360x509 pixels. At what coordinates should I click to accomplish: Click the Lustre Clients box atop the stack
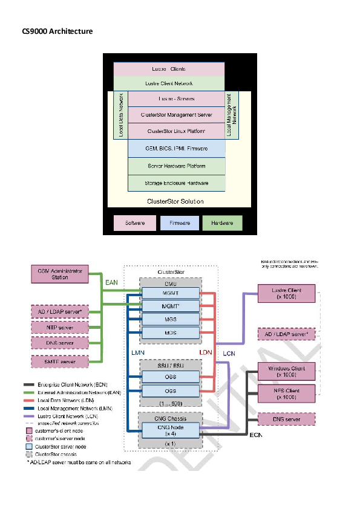click(x=169, y=69)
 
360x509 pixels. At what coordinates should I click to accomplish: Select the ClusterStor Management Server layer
click(x=176, y=114)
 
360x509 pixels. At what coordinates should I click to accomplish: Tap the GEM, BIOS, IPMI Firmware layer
click(x=176, y=148)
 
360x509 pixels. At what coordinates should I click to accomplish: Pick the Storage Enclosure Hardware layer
click(x=176, y=183)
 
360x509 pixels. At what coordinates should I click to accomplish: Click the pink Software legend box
click(x=134, y=223)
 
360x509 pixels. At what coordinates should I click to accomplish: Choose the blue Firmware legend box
click(x=179, y=223)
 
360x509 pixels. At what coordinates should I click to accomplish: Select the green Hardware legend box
click(x=222, y=223)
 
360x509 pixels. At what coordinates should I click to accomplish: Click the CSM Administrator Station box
click(x=60, y=274)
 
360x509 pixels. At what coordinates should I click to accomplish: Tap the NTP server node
click(x=60, y=328)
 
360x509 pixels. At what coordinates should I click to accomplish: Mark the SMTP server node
click(x=60, y=361)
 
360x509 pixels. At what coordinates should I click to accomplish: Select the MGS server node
click(x=170, y=319)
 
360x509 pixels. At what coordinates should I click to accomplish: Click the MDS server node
click(x=170, y=332)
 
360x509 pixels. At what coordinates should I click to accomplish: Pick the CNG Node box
click(x=170, y=430)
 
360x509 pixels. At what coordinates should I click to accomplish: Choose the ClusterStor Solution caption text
click(x=175, y=201)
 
